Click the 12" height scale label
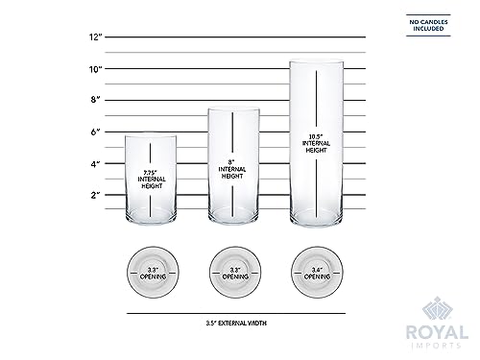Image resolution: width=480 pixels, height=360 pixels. click(95, 36)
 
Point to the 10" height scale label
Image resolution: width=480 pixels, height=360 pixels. click(95, 68)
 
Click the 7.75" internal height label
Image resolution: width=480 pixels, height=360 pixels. click(151, 176)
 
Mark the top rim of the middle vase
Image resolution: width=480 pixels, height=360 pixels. click(235, 108)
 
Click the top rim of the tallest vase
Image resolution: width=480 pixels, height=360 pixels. click(317, 62)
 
